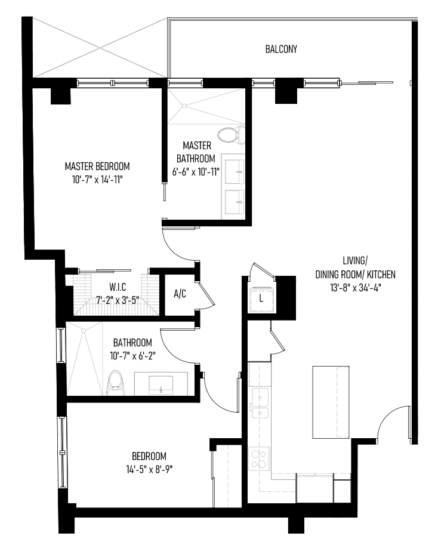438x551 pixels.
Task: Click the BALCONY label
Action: [x=281, y=49]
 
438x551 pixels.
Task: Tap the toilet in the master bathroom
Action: [x=231, y=134]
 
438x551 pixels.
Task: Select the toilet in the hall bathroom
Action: [x=116, y=382]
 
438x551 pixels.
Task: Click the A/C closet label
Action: [x=180, y=294]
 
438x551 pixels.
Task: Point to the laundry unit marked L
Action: [x=261, y=298]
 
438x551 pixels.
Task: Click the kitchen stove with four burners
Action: [x=259, y=458]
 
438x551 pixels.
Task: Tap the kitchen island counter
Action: [x=331, y=402]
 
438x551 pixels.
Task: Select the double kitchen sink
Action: [x=260, y=403]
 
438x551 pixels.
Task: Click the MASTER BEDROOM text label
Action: [x=97, y=166]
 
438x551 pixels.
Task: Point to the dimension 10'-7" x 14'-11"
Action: [x=97, y=180]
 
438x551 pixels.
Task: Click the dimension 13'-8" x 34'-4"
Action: [x=356, y=288]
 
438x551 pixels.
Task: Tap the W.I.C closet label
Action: [x=118, y=287]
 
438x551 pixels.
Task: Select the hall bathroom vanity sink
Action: [x=161, y=385]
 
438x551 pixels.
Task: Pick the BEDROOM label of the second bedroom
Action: [x=149, y=456]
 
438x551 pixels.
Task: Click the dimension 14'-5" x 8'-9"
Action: [x=149, y=469]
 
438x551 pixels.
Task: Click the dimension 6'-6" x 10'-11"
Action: [x=196, y=172]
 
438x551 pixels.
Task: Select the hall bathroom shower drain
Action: [x=84, y=331]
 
